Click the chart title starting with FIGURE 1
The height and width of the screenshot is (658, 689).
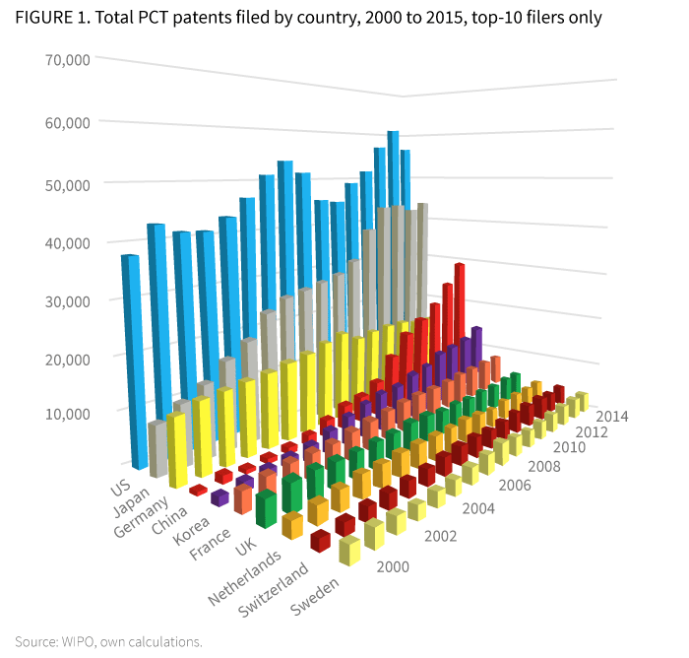tap(308, 17)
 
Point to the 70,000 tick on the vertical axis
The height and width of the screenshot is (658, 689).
tap(68, 59)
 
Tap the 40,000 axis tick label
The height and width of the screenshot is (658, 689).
tap(68, 243)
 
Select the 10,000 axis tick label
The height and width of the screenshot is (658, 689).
tap(68, 413)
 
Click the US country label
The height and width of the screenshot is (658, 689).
tap(120, 488)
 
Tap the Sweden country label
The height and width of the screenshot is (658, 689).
tap(315, 598)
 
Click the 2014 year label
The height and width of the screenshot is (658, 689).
tap(612, 415)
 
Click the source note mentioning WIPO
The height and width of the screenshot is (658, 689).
tap(108, 641)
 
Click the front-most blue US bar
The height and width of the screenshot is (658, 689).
tap(129, 360)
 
